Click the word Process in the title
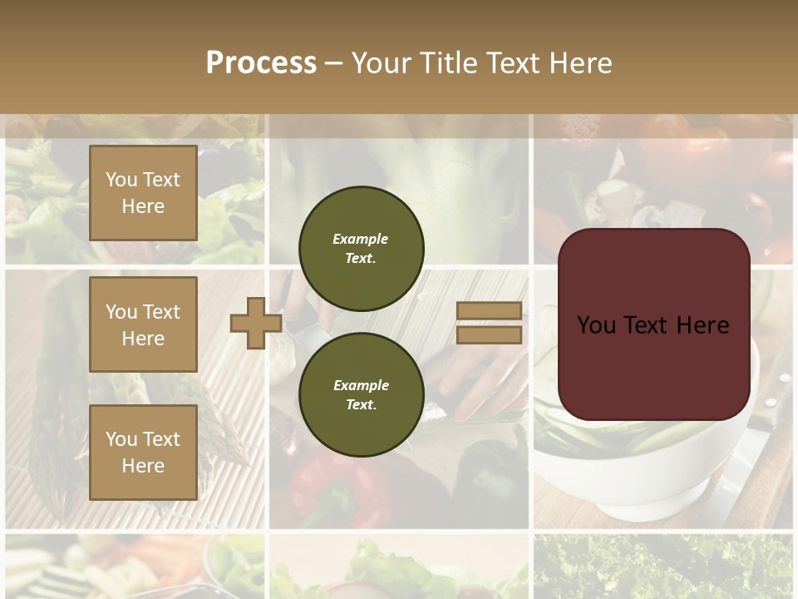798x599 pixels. click(261, 63)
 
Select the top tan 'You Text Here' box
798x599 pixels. click(143, 193)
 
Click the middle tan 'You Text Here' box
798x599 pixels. click(143, 324)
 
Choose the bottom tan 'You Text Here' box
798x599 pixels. click(143, 453)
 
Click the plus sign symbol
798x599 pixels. click(255, 323)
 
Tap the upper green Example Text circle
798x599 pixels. click(361, 249)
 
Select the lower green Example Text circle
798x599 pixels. click(361, 395)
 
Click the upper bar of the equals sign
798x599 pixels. click(489, 310)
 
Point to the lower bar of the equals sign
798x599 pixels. click(489, 335)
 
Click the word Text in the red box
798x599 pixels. click(645, 325)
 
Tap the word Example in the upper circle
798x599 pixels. click(361, 240)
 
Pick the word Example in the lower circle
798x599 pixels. click(361, 386)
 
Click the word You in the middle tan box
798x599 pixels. click(121, 312)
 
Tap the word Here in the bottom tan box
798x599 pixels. click(143, 466)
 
